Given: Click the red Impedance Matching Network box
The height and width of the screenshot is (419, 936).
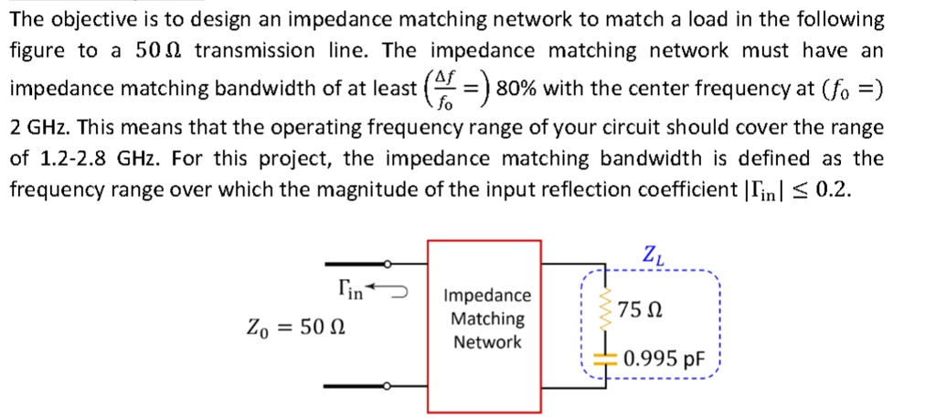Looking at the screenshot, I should click(484, 318).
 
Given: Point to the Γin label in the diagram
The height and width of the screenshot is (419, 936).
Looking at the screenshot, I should click(350, 292).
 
